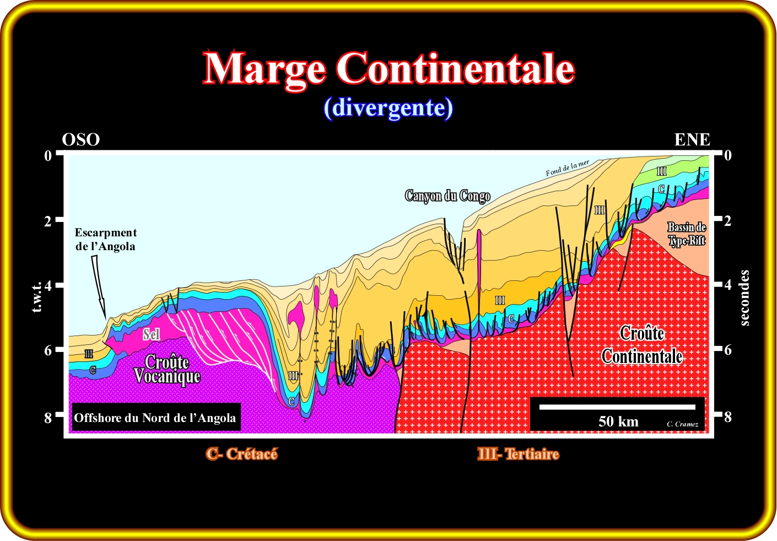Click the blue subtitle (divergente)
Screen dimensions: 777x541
click(388, 108)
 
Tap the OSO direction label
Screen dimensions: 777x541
click(81, 140)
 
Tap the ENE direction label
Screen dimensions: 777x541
click(692, 140)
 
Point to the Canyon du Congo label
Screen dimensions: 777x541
click(447, 196)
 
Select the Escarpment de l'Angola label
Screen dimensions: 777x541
click(105, 239)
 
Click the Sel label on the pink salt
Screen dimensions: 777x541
click(152, 334)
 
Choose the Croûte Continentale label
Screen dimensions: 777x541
click(642, 345)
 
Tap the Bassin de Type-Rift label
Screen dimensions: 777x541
click(687, 234)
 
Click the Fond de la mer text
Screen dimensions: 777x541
click(568, 168)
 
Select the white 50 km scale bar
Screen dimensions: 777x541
click(617, 407)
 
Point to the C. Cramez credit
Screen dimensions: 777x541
click(682, 424)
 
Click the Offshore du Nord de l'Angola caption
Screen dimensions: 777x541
click(155, 418)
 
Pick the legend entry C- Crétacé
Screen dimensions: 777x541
click(242, 454)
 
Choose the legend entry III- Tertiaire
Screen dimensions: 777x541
click(518, 454)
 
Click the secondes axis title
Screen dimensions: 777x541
click(744, 298)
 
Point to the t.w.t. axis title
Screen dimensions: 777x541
click(37, 297)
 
